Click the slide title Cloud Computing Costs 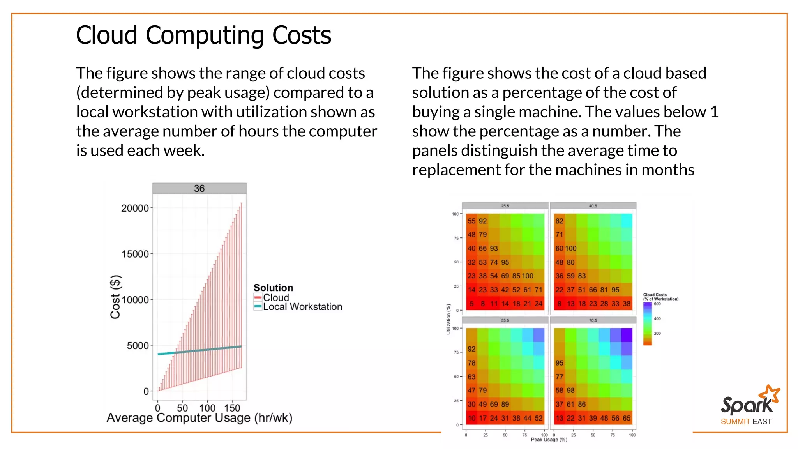coord(203,35)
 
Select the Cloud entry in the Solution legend coord(275,298)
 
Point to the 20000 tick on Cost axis coord(135,209)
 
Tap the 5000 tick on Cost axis coord(138,346)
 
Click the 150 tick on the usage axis coord(232,408)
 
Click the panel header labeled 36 coord(199,189)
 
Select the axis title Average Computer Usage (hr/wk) coord(199,418)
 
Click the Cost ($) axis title coord(116,297)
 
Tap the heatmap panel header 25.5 coord(505,206)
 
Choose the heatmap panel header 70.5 coord(593,320)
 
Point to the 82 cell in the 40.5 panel coord(560,221)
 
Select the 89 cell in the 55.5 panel coord(505,404)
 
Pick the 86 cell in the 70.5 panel coord(582,404)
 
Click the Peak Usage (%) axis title coord(549,440)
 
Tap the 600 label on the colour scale coord(657,304)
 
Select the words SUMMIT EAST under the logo coord(746,422)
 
